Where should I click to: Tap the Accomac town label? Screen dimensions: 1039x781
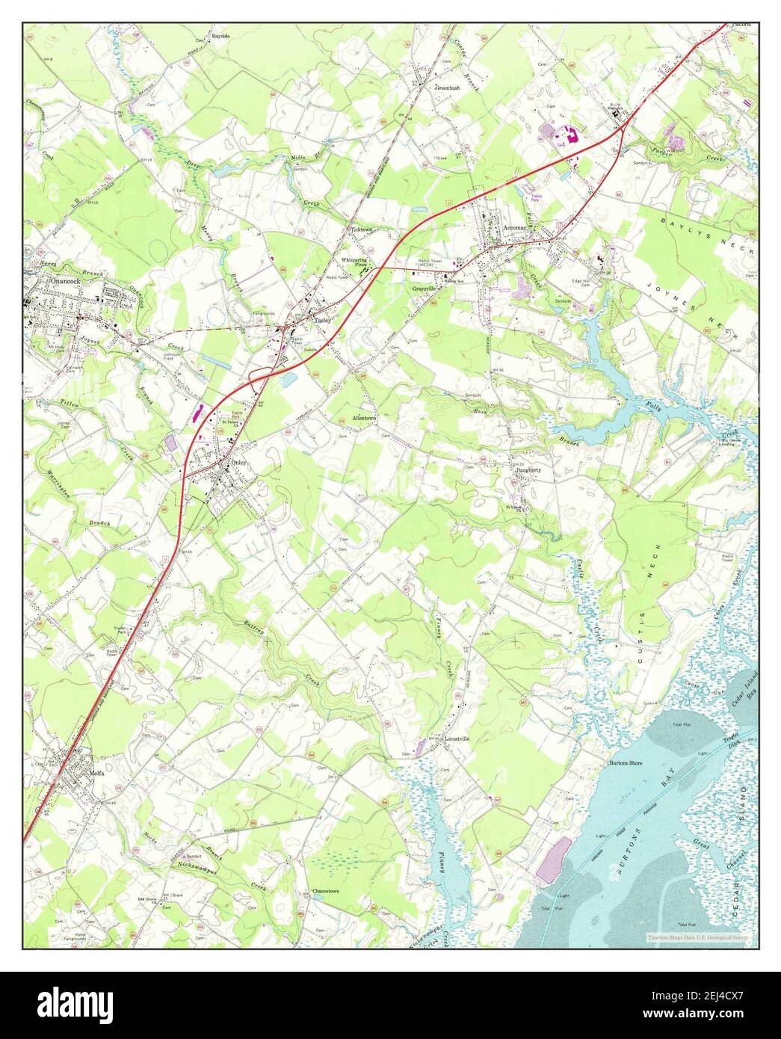point(515,226)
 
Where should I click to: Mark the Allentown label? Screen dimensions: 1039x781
point(359,419)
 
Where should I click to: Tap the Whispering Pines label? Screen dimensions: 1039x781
point(355,262)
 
